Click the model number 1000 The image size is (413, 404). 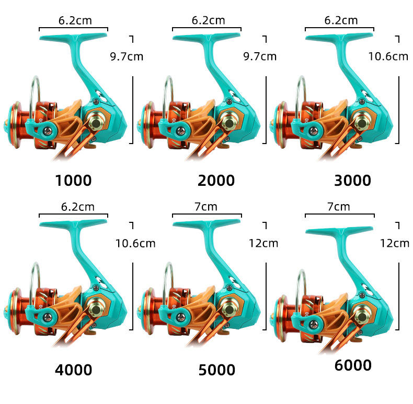tap(73, 181)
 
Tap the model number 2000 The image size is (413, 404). tap(216, 181)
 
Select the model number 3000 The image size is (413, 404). tap(352, 181)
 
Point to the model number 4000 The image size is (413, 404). tap(73, 370)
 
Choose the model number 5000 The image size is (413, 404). tap(216, 370)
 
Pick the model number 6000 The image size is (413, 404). tap(353, 365)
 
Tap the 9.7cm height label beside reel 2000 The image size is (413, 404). tap(260, 56)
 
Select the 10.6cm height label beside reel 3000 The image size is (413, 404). tap(388, 56)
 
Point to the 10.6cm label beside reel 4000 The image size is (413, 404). tap(135, 243)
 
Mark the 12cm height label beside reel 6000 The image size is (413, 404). tap(394, 243)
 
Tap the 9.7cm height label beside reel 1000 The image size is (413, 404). tap(126, 56)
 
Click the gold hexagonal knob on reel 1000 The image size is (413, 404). tap(97, 122)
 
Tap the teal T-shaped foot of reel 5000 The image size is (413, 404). tap(207, 224)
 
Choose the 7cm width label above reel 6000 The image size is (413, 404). tap(338, 207)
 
